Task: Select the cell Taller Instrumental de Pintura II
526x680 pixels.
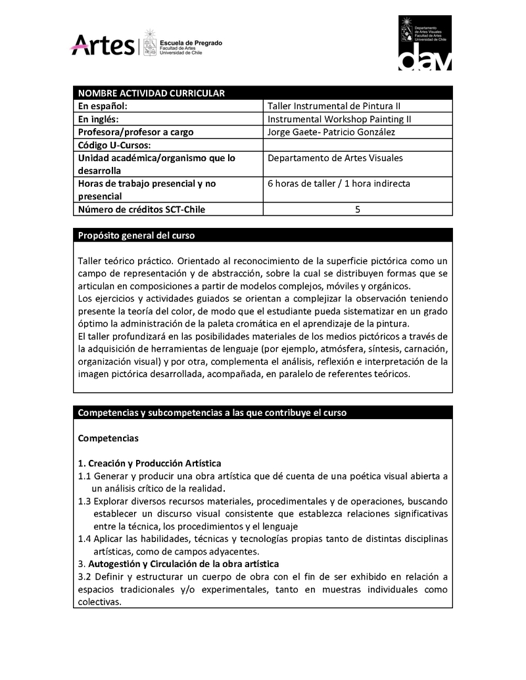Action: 339,106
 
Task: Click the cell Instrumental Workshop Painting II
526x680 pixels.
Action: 339,119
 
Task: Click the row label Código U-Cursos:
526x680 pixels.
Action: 115,145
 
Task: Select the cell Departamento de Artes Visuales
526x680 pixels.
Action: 335,158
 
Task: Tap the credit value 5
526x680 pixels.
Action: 358,210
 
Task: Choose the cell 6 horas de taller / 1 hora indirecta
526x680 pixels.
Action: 339,183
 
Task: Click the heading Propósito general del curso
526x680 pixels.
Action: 136,235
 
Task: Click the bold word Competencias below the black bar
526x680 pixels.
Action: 108,438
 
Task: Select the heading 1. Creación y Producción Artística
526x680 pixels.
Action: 149,463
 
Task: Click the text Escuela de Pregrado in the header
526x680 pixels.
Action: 191,43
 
